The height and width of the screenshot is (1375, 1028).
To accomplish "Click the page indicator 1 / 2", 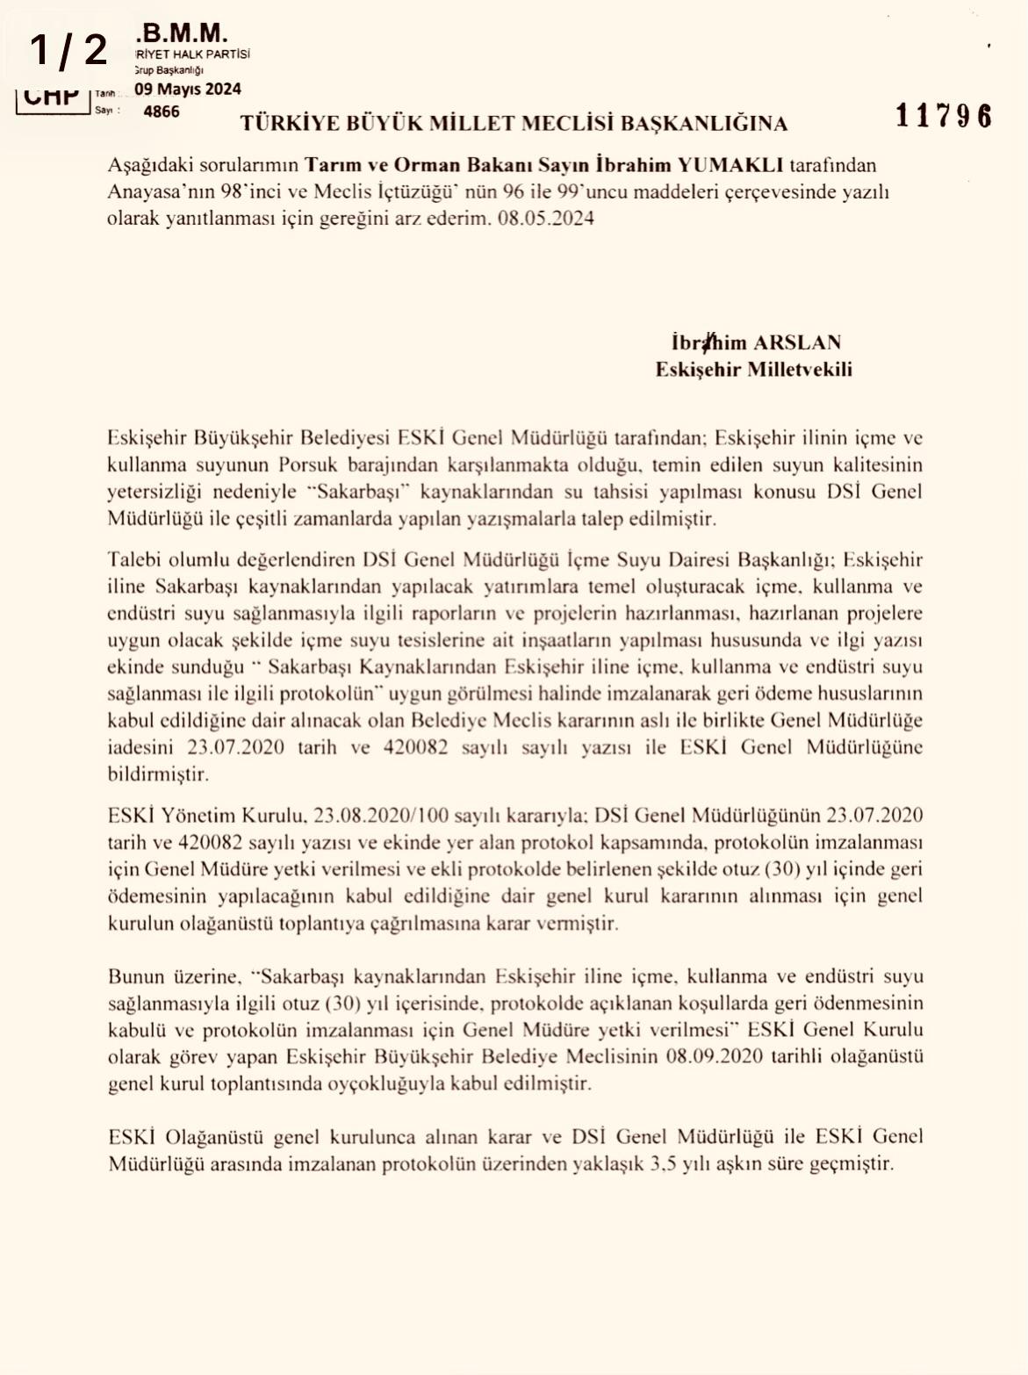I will [68, 50].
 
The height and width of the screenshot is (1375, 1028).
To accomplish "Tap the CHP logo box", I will [51, 96].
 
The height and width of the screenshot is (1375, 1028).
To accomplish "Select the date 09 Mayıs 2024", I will [188, 89].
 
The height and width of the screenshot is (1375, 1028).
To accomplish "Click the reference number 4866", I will [161, 112].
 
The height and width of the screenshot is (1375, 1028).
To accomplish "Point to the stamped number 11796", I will [944, 116].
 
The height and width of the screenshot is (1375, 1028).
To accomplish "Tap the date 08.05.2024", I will [546, 219].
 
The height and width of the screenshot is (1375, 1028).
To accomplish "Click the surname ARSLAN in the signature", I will [797, 342].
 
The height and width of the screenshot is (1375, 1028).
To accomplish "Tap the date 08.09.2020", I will [713, 1056].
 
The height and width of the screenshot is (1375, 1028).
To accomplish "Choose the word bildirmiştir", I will [158, 774].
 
